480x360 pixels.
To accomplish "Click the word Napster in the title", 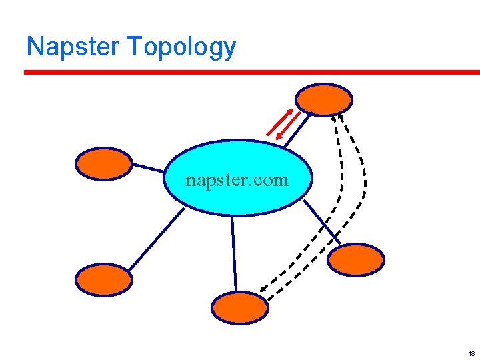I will tap(73, 47).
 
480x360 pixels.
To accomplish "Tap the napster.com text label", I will tap(237, 179).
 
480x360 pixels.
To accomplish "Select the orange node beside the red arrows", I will tap(324, 99).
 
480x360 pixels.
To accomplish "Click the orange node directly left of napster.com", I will tap(104, 163).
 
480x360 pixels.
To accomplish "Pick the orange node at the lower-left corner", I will tap(104, 279).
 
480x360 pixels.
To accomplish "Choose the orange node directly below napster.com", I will tap(239, 307).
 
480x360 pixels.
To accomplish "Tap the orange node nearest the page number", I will tap(357, 259).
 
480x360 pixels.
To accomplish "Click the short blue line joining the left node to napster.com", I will tap(149, 167).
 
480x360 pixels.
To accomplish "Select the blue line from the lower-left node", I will tap(155, 239).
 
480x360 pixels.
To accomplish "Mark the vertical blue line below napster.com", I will tap(234, 253).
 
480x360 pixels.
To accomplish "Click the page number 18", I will tap(471, 353).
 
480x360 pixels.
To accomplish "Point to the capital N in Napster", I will tap(34, 47).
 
